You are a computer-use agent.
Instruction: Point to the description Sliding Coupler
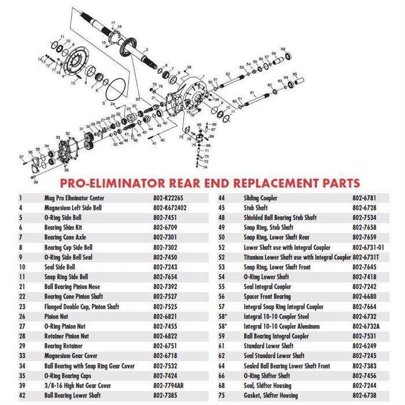[x=260, y=197]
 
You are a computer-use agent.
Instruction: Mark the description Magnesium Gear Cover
[x=71, y=355]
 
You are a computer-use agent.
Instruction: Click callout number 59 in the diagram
[x=282, y=49]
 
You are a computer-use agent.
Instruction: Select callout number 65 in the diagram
[x=295, y=75]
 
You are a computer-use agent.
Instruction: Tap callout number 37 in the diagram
[x=21, y=157]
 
